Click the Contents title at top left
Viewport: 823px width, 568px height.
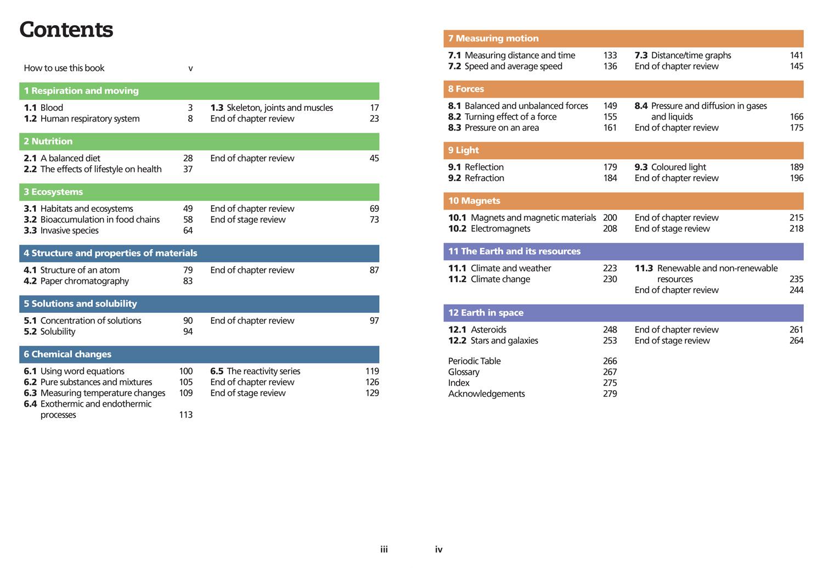point(66,30)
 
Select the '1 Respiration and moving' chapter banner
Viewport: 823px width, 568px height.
point(199,91)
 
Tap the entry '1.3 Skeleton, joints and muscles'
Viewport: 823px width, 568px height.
point(272,108)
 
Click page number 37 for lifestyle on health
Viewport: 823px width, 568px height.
point(188,169)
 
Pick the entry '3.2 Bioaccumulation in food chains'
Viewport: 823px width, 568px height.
point(92,220)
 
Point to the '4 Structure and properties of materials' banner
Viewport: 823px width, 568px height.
point(199,253)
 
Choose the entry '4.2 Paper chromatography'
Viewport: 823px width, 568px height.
point(76,281)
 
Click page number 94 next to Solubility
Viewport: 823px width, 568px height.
point(188,331)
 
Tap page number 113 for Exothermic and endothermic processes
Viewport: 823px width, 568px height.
point(185,415)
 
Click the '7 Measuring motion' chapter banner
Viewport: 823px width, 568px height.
point(623,38)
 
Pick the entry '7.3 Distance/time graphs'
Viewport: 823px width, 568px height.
point(683,55)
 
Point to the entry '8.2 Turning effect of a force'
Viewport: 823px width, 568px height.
point(502,117)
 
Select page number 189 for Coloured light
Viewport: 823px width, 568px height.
point(796,167)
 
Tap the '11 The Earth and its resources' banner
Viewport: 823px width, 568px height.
point(623,251)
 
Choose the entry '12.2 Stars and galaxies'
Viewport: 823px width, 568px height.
point(493,341)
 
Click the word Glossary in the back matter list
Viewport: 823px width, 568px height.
point(464,372)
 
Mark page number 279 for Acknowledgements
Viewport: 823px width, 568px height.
point(610,394)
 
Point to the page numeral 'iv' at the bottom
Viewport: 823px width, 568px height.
point(438,549)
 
